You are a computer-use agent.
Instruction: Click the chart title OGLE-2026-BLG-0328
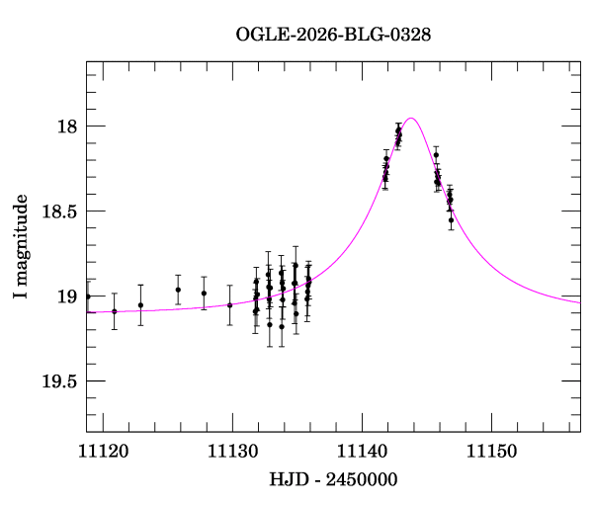333,35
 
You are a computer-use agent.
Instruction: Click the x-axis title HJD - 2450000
333,479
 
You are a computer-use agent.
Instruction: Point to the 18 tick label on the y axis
67,126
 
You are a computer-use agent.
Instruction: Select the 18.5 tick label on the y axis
59,211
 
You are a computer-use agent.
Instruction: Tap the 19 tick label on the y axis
67,296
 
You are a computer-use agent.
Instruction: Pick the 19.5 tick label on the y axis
59,381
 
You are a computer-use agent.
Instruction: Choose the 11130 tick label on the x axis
232,452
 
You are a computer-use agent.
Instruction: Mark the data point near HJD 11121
115,311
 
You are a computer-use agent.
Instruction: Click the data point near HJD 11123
140,305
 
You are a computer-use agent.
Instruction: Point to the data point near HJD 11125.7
178,290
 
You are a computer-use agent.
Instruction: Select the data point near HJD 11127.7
204,294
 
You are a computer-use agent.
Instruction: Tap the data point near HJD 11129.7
229,305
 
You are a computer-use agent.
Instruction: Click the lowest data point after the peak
451,220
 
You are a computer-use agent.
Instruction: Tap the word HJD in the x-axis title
287,479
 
